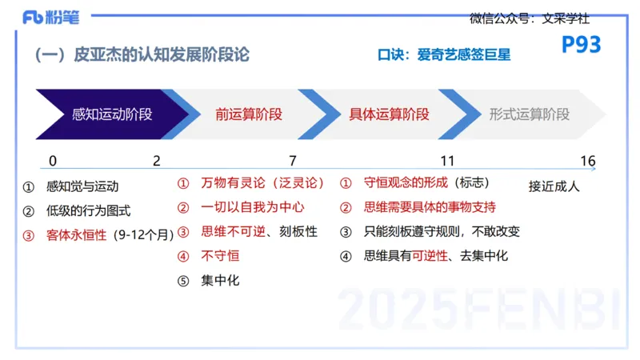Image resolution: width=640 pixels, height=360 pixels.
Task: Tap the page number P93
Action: tap(581, 46)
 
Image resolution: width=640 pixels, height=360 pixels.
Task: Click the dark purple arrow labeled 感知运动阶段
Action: tap(111, 114)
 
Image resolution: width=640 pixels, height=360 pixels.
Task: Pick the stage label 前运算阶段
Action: tap(249, 114)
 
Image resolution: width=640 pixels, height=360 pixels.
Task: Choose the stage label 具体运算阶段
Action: tap(389, 114)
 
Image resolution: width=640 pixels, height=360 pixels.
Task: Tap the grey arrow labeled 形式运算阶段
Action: tap(529, 114)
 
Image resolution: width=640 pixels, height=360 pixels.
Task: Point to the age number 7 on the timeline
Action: tap(292, 161)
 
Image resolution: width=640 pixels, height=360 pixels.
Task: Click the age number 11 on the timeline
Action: tap(447, 161)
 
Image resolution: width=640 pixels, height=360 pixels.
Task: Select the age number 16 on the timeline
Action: tap(588, 161)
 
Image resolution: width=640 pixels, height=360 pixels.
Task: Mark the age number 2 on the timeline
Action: tap(157, 161)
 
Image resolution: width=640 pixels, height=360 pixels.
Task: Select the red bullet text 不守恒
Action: tap(220, 256)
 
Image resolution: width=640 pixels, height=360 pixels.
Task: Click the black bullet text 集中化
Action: tap(220, 280)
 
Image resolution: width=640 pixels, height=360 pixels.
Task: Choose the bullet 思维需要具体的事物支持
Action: tap(430, 207)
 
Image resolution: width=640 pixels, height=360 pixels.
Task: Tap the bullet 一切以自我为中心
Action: tap(253, 207)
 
